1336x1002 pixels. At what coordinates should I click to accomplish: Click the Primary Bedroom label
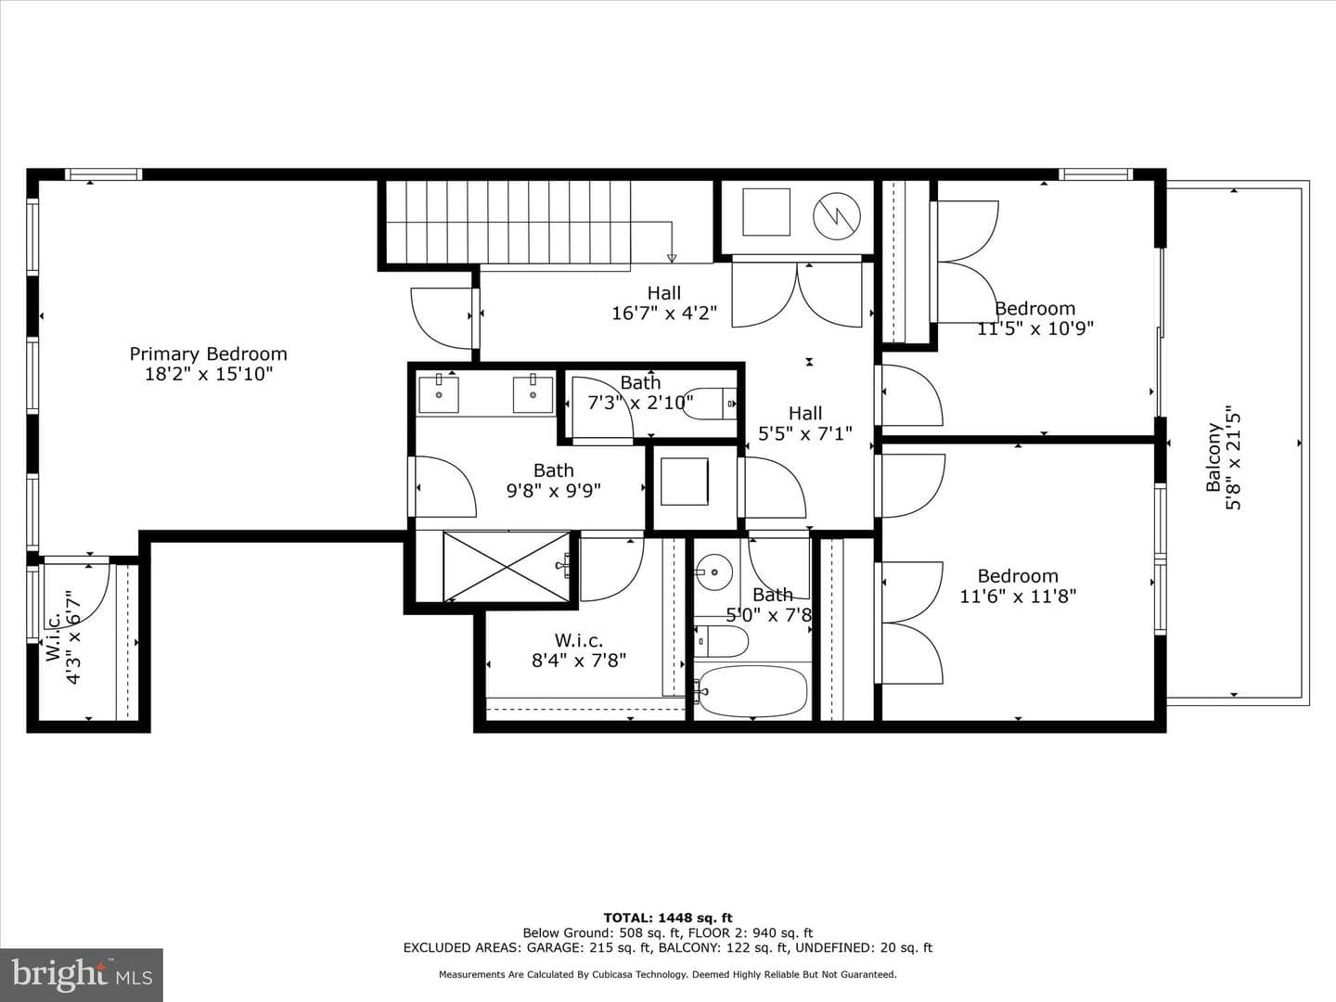click(208, 353)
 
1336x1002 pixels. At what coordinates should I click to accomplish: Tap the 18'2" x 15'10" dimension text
click(208, 374)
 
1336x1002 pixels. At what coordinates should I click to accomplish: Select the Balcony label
click(1214, 456)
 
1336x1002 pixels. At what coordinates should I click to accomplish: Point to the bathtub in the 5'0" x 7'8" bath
click(753, 691)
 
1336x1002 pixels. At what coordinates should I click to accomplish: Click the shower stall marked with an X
click(507, 567)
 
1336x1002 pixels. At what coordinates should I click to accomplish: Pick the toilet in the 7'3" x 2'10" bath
click(710, 404)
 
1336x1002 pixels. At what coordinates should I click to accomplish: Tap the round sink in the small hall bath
click(714, 572)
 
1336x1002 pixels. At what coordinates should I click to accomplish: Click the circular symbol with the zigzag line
click(837, 215)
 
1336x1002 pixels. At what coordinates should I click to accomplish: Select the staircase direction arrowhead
click(672, 258)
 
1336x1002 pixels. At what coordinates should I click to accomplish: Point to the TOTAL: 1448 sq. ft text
click(668, 918)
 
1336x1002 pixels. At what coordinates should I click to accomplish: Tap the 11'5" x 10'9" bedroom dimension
click(1035, 328)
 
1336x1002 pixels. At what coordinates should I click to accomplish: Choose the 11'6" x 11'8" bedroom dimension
click(1018, 596)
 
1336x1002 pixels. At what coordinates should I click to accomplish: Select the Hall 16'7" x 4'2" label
click(664, 302)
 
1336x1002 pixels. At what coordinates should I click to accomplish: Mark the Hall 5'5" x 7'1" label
click(805, 423)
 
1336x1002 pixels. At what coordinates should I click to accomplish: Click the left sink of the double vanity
click(438, 394)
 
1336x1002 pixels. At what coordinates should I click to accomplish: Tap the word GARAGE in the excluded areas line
click(553, 947)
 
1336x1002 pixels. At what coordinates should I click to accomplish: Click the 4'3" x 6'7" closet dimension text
click(73, 637)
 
